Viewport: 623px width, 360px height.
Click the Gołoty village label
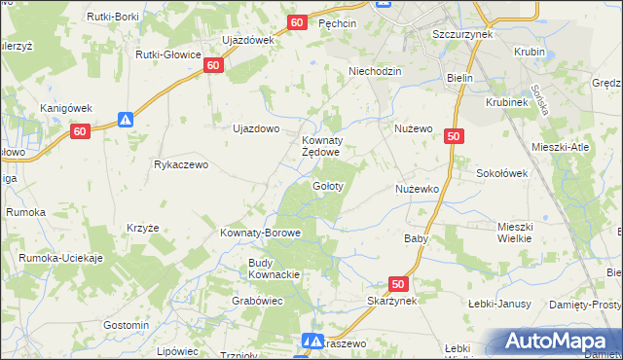coord(326,186)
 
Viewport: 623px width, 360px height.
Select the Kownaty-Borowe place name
coord(261,234)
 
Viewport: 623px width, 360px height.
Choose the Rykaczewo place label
coord(181,165)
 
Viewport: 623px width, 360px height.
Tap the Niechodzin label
coord(376,71)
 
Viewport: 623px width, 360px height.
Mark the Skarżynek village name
coord(393,302)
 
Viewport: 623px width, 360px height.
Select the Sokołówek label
coord(501,173)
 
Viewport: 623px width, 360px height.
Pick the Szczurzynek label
coord(462,33)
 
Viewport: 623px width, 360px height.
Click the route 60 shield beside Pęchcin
coord(299,22)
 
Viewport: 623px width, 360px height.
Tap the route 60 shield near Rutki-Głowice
coord(215,64)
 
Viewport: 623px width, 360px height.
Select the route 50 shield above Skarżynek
coord(397,284)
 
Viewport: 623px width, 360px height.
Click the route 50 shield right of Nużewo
coord(454,137)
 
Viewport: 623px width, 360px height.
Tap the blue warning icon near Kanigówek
coord(126,120)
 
